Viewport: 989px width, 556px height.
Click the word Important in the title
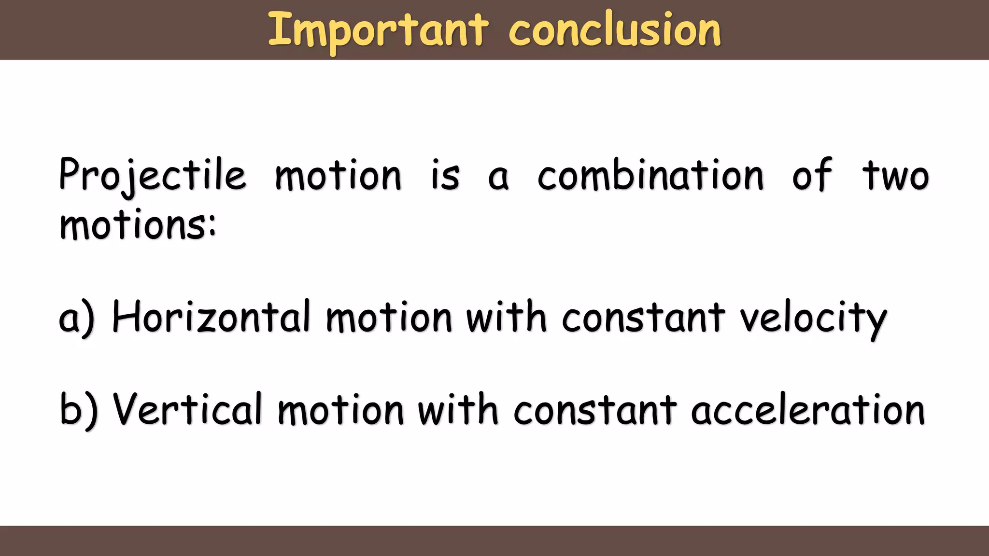click(378, 30)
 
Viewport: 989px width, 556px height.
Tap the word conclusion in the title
click(615, 30)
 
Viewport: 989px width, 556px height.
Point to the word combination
click(650, 175)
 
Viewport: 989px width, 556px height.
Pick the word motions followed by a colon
click(137, 225)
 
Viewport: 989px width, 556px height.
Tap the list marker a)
click(76, 318)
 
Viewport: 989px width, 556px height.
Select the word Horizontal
click(211, 318)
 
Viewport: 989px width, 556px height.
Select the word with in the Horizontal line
click(506, 317)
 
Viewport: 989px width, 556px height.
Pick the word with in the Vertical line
click(457, 409)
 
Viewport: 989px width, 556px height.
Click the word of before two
click(812, 175)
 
